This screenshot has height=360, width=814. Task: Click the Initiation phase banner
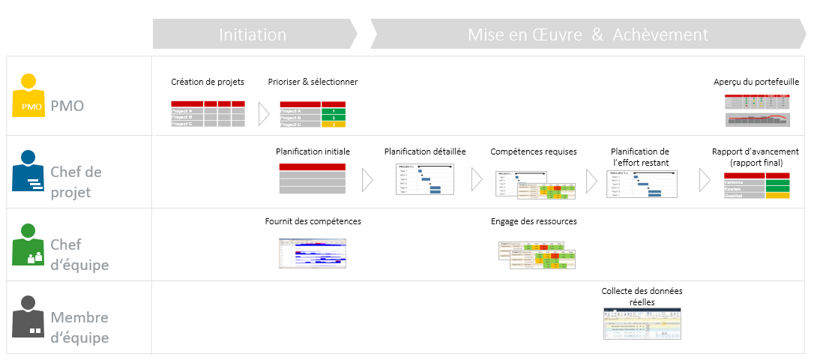(x=253, y=34)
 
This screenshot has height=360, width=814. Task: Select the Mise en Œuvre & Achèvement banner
(x=588, y=34)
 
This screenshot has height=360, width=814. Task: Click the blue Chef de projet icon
(x=28, y=172)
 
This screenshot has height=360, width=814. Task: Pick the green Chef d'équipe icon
(x=28, y=244)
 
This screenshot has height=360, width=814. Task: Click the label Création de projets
(x=208, y=82)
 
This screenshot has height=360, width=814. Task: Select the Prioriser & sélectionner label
(x=313, y=82)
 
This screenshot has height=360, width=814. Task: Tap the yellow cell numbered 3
(x=334, y=124)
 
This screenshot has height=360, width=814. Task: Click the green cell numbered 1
(x=334, y=111)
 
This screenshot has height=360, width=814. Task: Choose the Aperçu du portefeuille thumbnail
(x=757, y=111)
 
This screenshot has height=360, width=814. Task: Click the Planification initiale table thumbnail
(x=313, y=179)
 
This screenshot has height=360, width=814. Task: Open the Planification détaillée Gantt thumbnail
(x=426, y=179)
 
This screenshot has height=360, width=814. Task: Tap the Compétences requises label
(x=534, y=151)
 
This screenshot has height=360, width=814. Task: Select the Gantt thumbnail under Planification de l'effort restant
(x=642, y=183)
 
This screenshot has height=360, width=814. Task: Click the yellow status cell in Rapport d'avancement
(x=777, y=195)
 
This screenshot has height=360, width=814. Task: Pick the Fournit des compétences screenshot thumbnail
(x=313, y=253)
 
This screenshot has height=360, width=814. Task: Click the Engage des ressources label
(x=534, y=221)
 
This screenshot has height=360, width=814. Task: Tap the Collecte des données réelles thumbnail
(x=642, y=325)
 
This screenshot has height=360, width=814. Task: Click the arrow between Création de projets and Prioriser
(x=263, y=113)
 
